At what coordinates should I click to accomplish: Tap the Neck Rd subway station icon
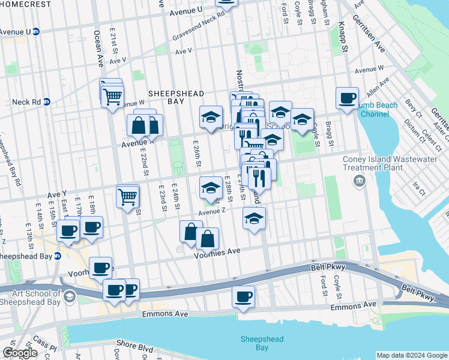tap(46, 102)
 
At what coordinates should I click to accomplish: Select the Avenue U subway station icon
tap(36, 31)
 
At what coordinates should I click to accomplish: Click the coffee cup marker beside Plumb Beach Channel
tap(347, 98)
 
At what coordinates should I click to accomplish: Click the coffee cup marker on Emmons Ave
tap(243, 296)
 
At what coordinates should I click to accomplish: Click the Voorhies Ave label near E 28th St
tap(217, 254)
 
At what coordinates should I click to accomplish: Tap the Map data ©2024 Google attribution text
tap(412, 355)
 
